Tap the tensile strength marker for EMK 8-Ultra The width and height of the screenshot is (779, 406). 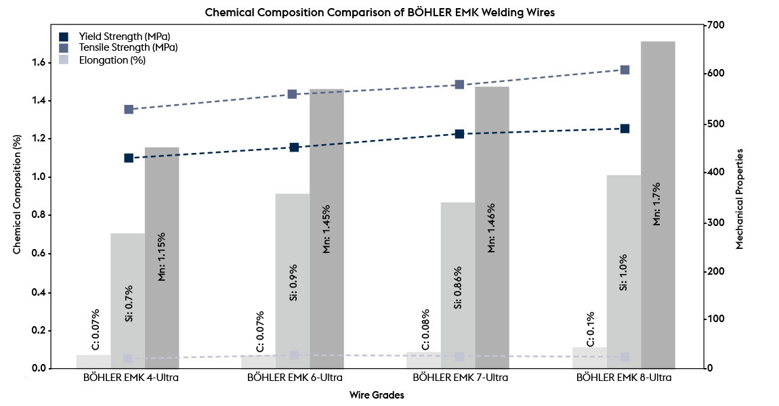click(x=625, y=70)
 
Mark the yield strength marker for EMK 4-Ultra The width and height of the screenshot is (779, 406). click(x=129, y=158)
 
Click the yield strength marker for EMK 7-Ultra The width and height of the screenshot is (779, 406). click(x=459, y=134)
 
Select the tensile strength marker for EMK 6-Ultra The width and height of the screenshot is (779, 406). click(x=293, y=94)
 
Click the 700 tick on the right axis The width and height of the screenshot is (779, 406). click(x=715, y=26)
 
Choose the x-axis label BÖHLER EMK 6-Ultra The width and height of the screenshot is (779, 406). click(x=295, y=378)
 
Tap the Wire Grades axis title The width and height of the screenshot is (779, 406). click(x=377, y=395)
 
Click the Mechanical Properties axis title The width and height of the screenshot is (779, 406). click(x=739, y=198)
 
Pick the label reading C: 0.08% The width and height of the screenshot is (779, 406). click(x=425, y=330)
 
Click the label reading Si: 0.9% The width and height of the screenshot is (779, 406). click(x=293, y=283)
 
